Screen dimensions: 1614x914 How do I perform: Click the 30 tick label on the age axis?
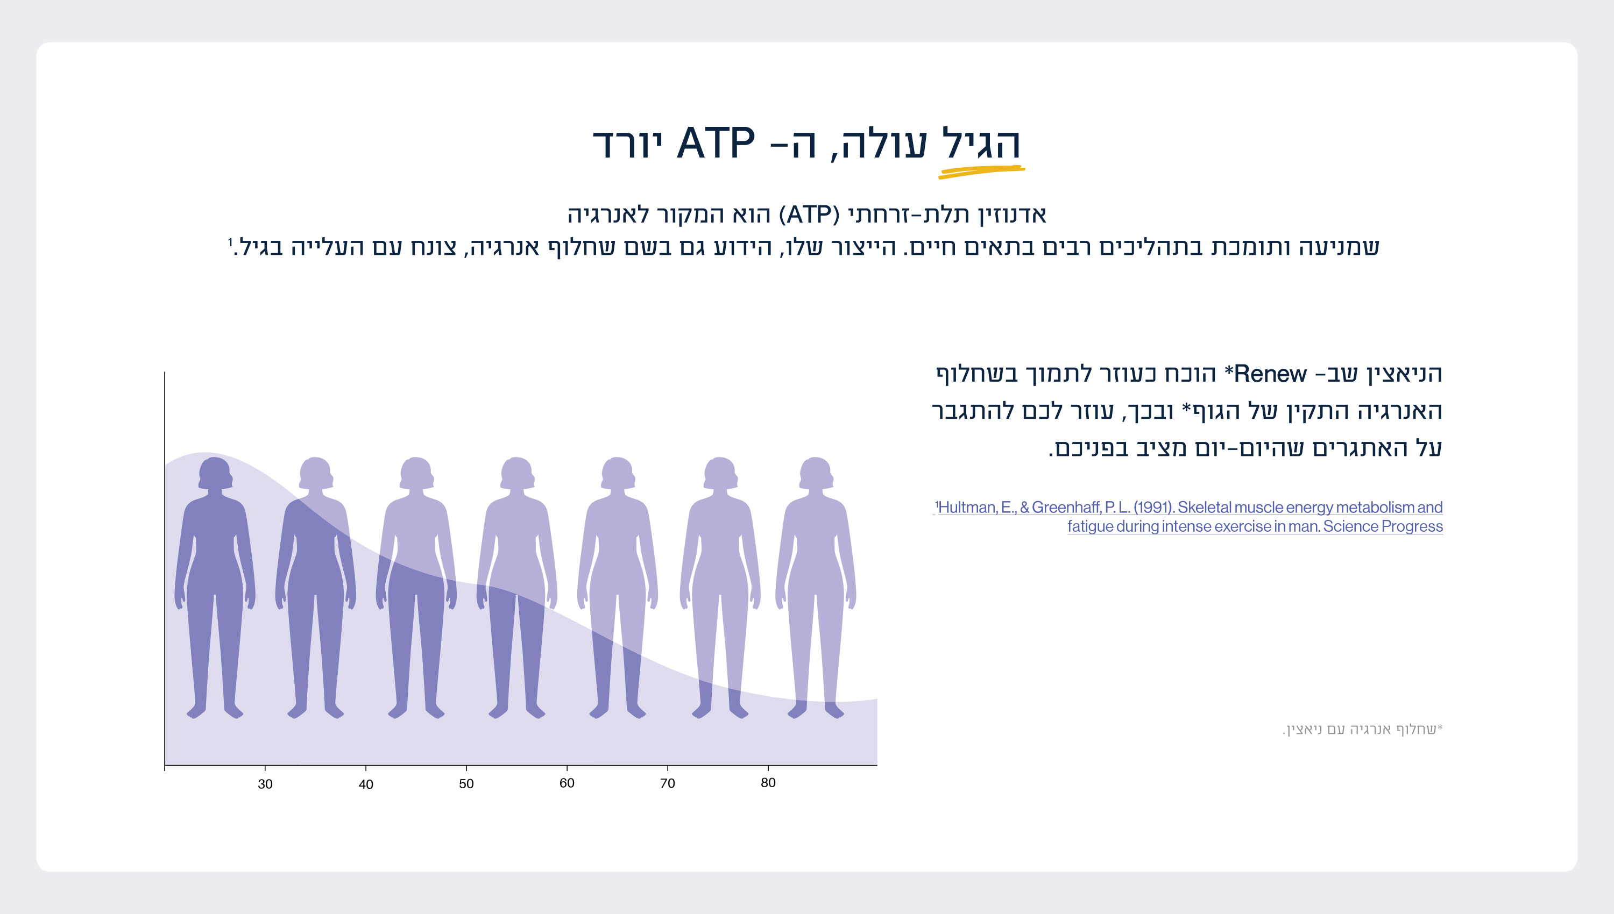tap(265, 784)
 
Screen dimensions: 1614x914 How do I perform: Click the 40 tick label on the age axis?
tap(365, 784)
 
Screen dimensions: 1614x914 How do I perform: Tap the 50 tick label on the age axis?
tap(466, 783)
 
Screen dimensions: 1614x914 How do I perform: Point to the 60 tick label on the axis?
tap(567, 783)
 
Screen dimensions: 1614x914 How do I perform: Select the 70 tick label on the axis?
tap(668, 783)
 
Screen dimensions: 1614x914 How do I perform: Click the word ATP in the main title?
tap(716, 143)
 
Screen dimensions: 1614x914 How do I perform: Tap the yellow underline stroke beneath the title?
tap(982, 172)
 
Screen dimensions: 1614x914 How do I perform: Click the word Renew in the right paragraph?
tap(1270, 374)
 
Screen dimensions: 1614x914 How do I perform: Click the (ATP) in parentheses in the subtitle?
tap(809, 215)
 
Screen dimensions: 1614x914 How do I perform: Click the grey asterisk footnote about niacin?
tap(1362, 730)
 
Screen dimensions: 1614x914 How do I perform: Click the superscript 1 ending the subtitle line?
tap(230, 242)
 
